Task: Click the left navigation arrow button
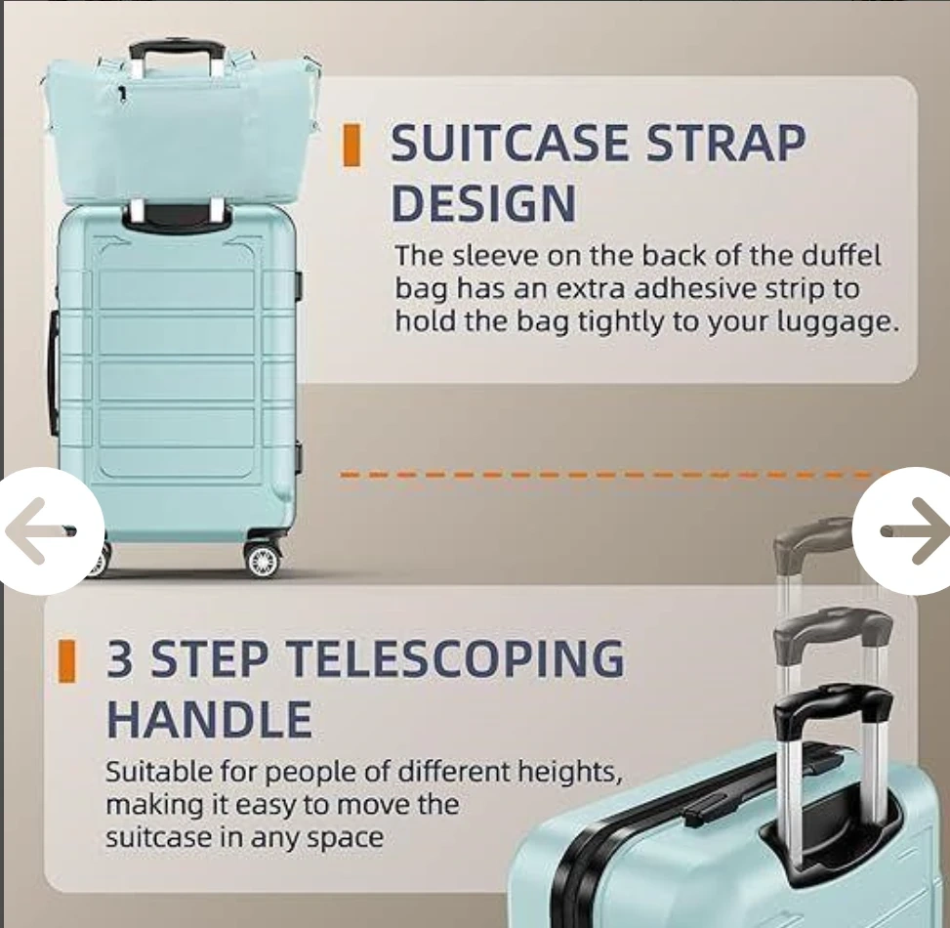(x=42, y=531)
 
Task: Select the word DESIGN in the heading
(x=483, y=203)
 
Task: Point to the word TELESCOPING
(x=460, y=658)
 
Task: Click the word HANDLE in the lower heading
(x=210, y=719)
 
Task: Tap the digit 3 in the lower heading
(x=120, y=658)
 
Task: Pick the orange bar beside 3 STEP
(x=66, y=661)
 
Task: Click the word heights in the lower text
(x=569, y=773)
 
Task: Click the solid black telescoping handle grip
(x=834, y=704)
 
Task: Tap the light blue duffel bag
(x=182, y=130)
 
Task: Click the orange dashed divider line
(x=606, y=475)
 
